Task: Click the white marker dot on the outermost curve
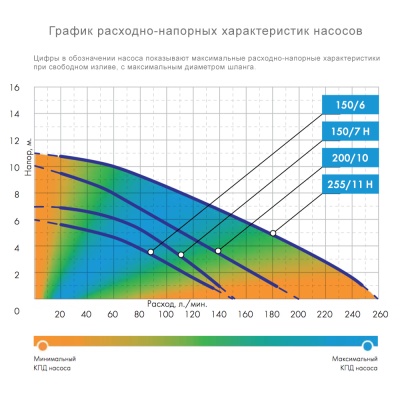click(x=273, y=233)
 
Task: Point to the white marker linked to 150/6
click(x=150, y=252)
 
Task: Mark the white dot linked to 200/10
click(x=218, y=250)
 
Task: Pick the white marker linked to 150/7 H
click(x=181, y=255)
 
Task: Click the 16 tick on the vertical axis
click(x=15, y=88)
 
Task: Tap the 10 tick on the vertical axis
click(x=15, y=167)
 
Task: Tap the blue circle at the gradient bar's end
click(x=368, y=343)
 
